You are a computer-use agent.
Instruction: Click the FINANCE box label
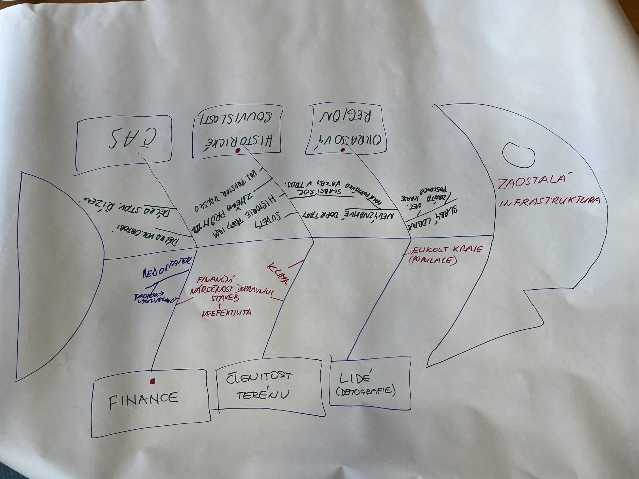[143, 398]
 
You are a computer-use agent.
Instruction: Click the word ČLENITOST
[260, 377]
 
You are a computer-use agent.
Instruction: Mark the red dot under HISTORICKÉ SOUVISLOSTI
[239, 150]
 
